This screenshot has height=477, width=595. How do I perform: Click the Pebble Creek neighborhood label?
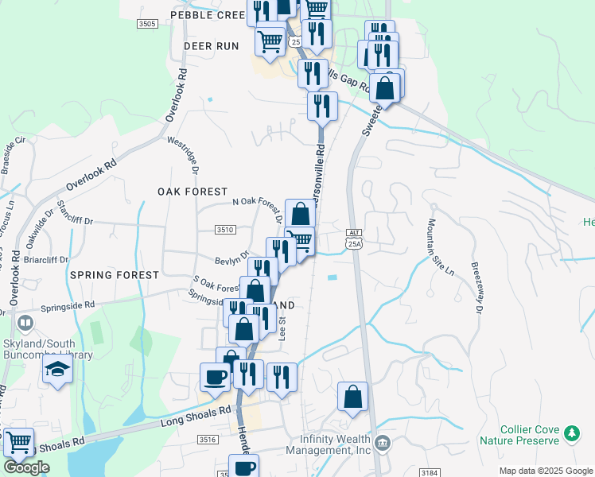pos(208,15)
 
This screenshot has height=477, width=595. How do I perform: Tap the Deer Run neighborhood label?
pos(211,46)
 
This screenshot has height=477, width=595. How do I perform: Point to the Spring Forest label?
pos(115,274)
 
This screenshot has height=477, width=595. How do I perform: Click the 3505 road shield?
pos(146,25)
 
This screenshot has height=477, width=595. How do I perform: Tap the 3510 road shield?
pos(225,230)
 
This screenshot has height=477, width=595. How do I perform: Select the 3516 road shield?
pos(208,439)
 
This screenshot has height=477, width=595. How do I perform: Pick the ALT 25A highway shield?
pos(354,238)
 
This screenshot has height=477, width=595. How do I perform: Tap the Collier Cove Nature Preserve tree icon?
pos(570,433)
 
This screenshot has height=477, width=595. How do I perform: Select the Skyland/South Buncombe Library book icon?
pos(25,323)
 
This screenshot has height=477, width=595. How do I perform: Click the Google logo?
pos(26,467)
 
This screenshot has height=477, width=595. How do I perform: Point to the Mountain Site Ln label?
pos(441,247)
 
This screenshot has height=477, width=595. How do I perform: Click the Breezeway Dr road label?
pos(479,288)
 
